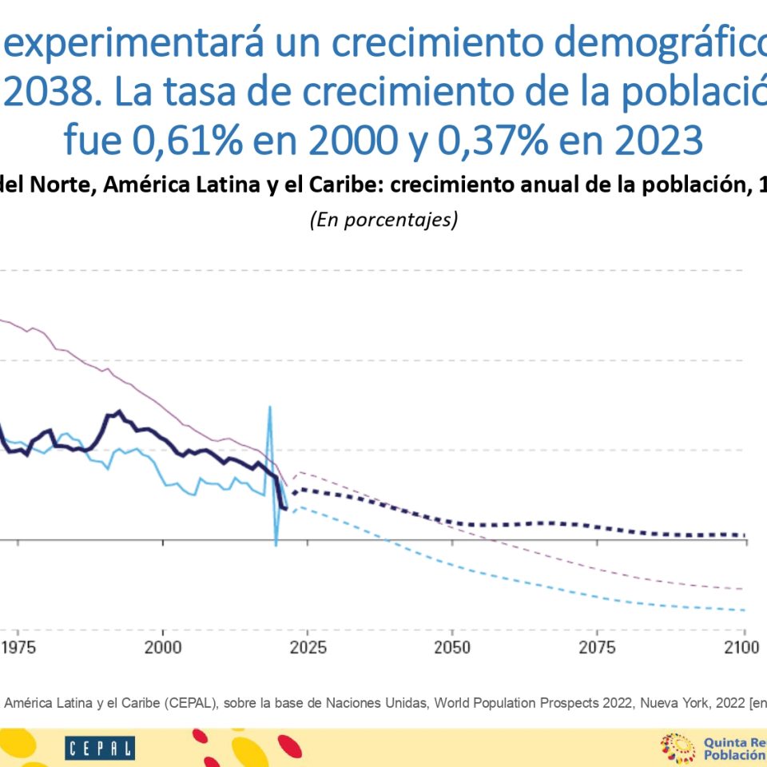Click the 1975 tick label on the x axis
(x=18, y=647)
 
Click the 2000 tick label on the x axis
(x=163, y=647)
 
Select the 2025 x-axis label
(x=308, y=647)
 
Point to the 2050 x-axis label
(x=453, y=647)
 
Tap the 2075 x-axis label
(x=598, y=647)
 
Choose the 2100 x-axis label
(x=744, y=647)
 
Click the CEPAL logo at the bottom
(x=100, y=749)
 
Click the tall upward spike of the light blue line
(x=270, y=409)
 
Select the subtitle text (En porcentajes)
(x=383, y=220)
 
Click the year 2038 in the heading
(x=53, y=93)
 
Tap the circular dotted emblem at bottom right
(x=678, y=749)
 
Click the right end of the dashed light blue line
(x=743, y=610)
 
